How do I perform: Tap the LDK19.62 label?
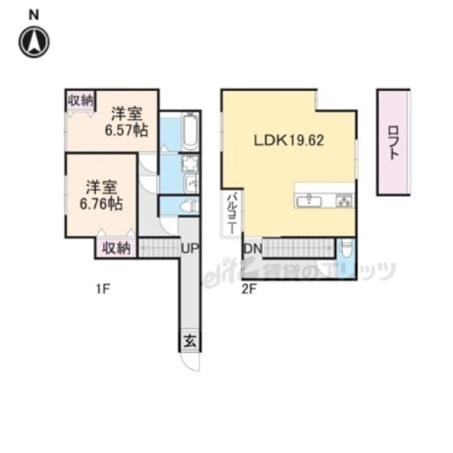click(x=289, y=140)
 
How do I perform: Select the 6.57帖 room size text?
click(x=126, y=131)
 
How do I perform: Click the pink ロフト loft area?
click(x=393, y=142)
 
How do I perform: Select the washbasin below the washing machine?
click(x=191, y=184)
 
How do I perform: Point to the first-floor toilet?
click(x=189, y=206)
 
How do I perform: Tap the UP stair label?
click(x=189, y=249)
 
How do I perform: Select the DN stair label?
click(x=253, y=249)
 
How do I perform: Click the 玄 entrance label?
click(x=189, y=342)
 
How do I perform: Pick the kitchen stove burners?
click(x=345, y=201)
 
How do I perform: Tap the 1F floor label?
click(x=103, y=289)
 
